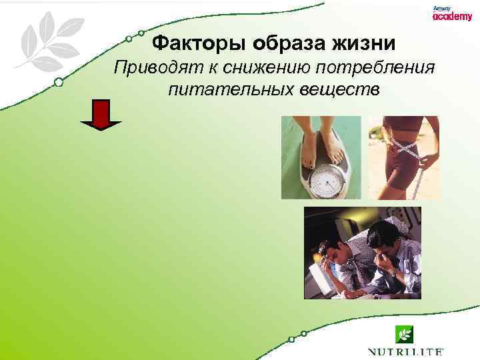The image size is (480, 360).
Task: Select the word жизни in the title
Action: click(x=365, y=44)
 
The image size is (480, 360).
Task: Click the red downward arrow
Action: click(x=101, y=115)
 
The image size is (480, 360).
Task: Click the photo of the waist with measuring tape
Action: click(x=403, y=157)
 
